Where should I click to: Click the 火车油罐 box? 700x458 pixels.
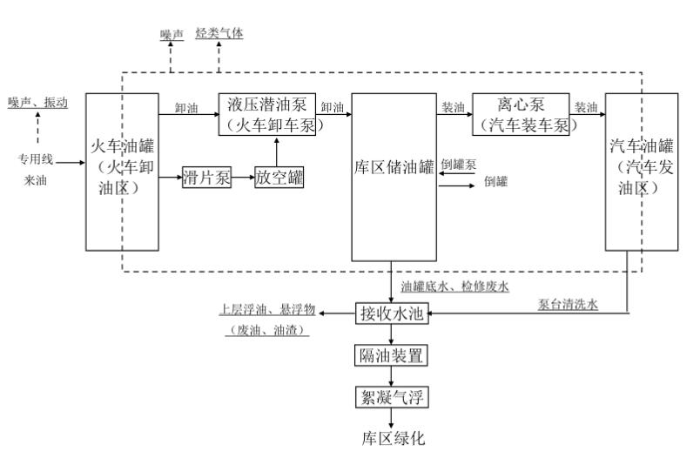tap(122, 172)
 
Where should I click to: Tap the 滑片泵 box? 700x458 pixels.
tap(206, 178)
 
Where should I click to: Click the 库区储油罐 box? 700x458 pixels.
tap(394, 177)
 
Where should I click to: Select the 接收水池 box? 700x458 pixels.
tap(392, 313)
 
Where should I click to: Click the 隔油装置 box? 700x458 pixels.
tap(392, 355)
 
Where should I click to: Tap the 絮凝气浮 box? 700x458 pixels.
tap(392, 397)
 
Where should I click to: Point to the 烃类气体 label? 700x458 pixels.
tap(219, 33)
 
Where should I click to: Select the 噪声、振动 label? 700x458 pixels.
tap(37, 102)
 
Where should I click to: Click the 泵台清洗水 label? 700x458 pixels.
tap(568, 304)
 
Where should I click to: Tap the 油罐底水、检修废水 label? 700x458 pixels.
tap(454, 286)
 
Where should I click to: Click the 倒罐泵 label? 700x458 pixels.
tap(458, 164)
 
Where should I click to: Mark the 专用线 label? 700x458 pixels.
tap(37, 159)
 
